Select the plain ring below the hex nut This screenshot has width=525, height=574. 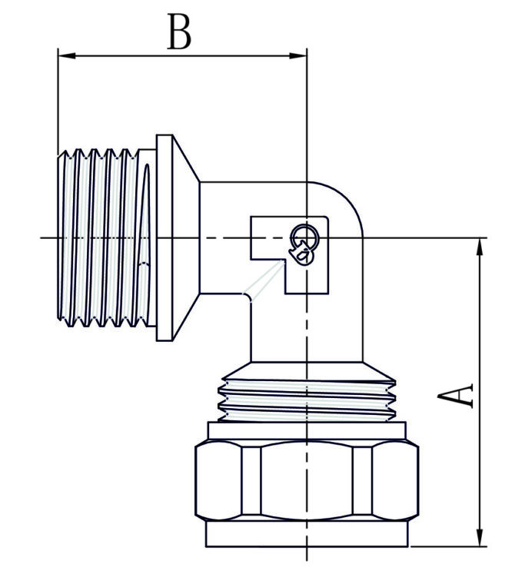pos(307,534)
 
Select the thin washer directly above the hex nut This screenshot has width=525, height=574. pos(307,431)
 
